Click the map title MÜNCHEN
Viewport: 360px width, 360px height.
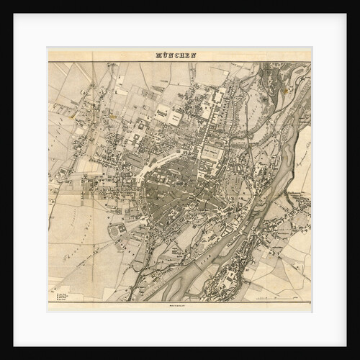(x=176, y=55)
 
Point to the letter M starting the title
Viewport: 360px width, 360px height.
(x=158, y=55)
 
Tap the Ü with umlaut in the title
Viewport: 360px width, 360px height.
(x=165, y=55)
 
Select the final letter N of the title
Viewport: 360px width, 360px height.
(x=194, y=55)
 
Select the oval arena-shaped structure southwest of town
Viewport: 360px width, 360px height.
(x=115, y=232)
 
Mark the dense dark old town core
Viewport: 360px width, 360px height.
(x=180, y=191)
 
